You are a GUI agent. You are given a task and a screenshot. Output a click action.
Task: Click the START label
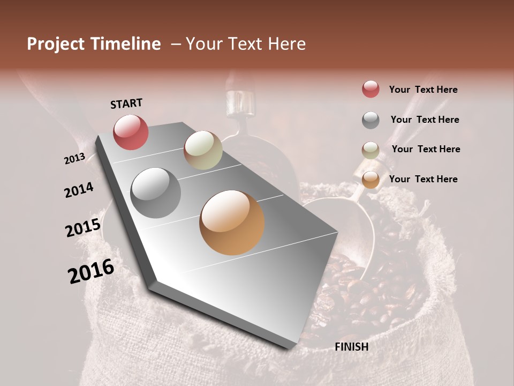(x=126, y=103)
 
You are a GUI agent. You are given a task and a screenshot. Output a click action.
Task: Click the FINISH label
(x=351, y=347)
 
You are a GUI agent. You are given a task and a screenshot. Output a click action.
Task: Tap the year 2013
(x=74, y=159)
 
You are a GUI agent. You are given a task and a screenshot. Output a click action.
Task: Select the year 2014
(x=79, y=190)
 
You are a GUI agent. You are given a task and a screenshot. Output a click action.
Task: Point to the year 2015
(x=83, y=228)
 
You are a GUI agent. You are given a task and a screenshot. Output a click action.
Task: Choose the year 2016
(x=91, y=271)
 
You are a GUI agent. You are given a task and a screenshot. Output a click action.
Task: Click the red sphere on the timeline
(x=131, y=132)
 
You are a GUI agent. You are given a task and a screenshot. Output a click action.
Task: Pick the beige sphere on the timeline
(x=203, y=150)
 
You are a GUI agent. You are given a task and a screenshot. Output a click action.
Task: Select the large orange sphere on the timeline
(x=232, y=222)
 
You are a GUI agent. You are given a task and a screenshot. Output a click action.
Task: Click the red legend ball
(x=371, y=89)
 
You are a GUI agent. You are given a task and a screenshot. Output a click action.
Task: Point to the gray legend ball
(x=371, y=120)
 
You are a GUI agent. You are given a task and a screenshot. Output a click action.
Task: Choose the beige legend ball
(x=371, y=150)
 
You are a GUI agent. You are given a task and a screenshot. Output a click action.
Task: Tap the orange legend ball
(x=371, y=180)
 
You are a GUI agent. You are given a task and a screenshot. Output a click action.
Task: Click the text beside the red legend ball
(x=423, y=90)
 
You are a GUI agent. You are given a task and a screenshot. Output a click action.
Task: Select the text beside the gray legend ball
(x=425, y=120)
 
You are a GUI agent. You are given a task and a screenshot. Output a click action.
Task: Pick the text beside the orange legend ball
(x=423, y=179)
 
